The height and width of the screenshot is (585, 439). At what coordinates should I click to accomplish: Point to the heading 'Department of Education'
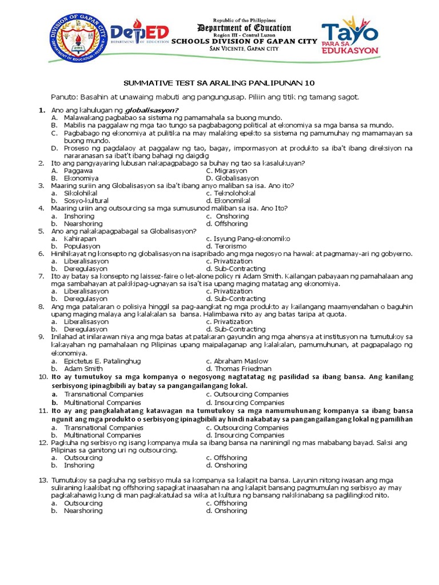pyautogui.click(x=244, y=28)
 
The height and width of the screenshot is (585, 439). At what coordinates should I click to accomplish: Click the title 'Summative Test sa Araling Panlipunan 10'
pyautogui.click(x=219, y=82)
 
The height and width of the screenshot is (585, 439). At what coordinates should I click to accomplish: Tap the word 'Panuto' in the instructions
pyautogui.click(x=63, y=97)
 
